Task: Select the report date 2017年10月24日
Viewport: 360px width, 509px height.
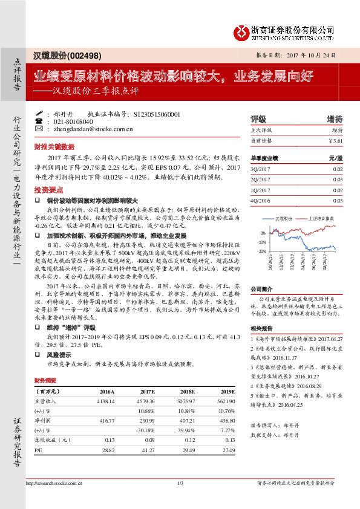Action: pos(319,54)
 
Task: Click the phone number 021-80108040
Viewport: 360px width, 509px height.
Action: pos(74,121)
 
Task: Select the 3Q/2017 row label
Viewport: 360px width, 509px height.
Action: pos(260,169)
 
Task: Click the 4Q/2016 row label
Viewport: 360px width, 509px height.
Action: pos(260,200)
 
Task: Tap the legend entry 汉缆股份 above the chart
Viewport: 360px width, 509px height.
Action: pos(284,218)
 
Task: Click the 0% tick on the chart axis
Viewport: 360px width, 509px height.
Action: pos(263,233)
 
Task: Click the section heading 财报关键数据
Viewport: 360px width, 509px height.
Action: pos(54,146)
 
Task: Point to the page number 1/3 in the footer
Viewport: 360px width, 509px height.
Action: pos(180,482)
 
